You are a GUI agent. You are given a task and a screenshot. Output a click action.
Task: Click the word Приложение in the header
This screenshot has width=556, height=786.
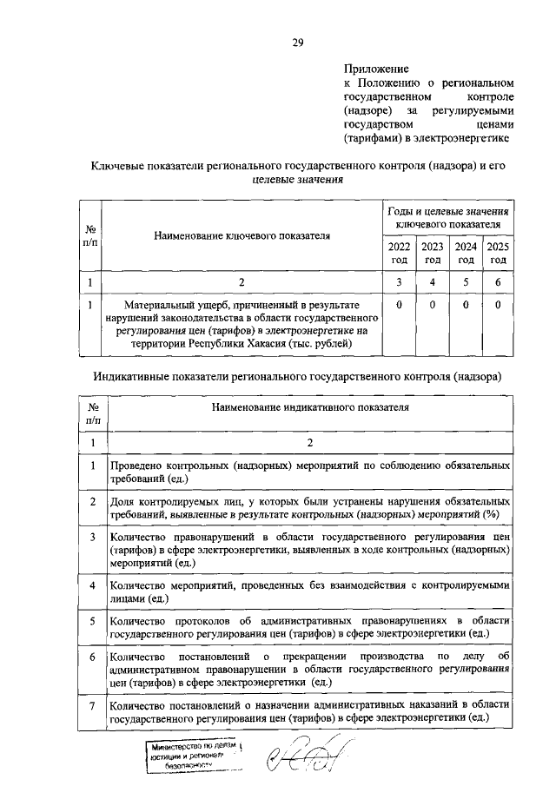click(376, 67)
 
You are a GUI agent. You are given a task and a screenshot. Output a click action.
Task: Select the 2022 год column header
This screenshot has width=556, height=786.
click(399, 254)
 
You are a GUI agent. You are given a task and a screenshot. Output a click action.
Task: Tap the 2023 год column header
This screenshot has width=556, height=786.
click(432, 254)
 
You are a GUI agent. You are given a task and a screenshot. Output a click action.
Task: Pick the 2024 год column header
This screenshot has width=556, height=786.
click(465, 254)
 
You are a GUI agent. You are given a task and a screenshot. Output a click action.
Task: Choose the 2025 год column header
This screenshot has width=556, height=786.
click(498, 254)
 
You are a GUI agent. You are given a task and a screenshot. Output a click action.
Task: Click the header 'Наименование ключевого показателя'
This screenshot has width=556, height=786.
click(242, 235)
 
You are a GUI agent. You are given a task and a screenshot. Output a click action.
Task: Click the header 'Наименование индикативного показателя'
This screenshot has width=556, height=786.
click(309, 406)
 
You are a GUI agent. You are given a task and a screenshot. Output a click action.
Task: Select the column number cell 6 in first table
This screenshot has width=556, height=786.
click(498, 282)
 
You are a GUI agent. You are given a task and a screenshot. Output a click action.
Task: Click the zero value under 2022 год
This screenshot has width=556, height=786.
click(399, 305)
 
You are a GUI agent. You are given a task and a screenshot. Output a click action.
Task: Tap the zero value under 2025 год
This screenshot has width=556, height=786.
click(498, 305)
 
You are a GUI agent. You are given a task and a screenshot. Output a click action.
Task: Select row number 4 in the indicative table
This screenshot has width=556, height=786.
click(93, 586)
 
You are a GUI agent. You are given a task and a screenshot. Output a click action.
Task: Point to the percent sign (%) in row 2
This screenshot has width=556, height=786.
click(490, 514)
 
